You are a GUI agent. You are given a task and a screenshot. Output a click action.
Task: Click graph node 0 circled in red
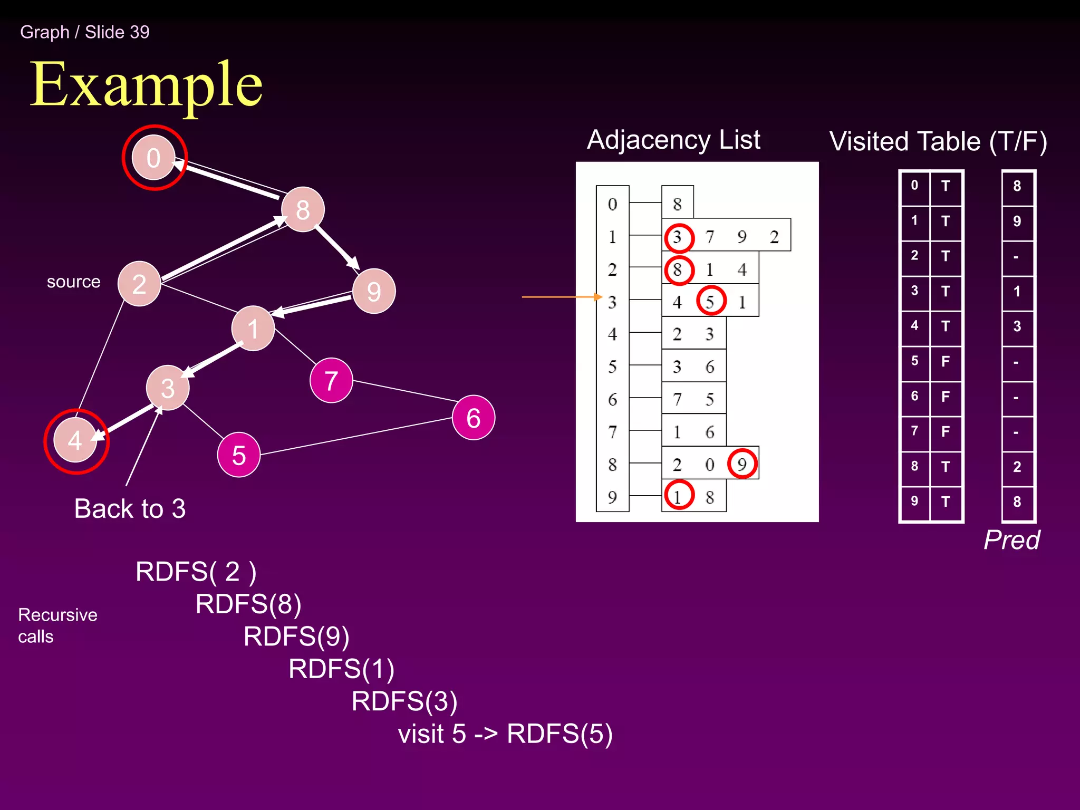(153, 158)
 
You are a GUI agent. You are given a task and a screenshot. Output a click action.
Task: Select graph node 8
(303, 209)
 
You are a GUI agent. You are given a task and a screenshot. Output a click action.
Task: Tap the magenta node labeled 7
(331, 380)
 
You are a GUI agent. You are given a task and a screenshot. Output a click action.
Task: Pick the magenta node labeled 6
(473, 418)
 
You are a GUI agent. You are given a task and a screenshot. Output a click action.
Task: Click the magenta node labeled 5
(239, 455)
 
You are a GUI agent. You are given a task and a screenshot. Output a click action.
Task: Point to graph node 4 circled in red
(75, 441)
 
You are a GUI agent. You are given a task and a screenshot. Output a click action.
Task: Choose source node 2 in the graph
(139, 284)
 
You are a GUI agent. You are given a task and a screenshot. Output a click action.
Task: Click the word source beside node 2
(73, 282)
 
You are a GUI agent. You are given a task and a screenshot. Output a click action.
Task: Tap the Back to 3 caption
(130, 508)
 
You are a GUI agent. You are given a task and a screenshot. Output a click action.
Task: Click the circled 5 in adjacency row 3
(711, 301)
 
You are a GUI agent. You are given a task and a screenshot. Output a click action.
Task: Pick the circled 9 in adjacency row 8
(742, 464)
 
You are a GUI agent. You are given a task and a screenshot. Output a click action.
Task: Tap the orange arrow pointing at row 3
(562, 297)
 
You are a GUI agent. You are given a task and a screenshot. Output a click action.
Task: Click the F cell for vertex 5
(946, 362)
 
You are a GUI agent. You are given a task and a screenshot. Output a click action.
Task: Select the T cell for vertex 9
(946, 502)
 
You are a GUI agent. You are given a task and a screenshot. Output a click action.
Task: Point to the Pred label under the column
(1011, 540)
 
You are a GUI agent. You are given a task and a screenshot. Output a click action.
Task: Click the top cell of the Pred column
(1017, 186)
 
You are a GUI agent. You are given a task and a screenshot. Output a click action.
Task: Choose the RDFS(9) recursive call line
(296, 636)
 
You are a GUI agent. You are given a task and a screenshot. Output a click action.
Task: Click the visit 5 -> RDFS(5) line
(505, 734)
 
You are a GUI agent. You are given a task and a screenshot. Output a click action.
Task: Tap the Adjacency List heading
(673, 140)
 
